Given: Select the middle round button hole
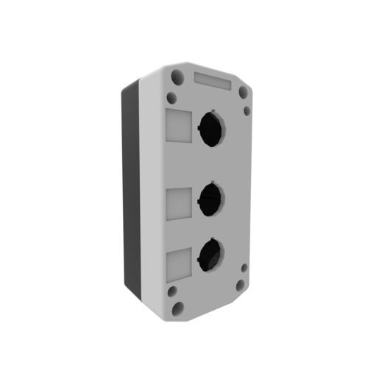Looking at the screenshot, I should click(x=210, y=196).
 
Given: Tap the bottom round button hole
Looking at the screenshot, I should click(x=208, y=255).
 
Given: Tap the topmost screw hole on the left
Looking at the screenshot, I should click(x=176, y=76).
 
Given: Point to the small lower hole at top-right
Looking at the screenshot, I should click(x=247, y=111).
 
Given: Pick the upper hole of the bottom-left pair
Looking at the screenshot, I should click(x=171, y=291).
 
